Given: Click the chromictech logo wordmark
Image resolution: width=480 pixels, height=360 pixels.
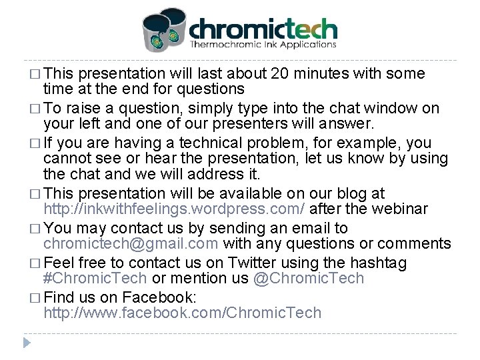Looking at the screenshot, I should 263,29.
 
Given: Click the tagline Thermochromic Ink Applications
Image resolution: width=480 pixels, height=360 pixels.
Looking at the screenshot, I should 263,45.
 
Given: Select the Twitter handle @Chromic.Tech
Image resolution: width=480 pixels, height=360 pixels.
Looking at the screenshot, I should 308,279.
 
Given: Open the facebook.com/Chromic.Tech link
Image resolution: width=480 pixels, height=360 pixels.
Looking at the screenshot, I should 182,313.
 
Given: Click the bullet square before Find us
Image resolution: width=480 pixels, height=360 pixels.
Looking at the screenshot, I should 35,296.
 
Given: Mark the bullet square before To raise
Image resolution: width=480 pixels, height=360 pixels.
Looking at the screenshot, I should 35,108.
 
